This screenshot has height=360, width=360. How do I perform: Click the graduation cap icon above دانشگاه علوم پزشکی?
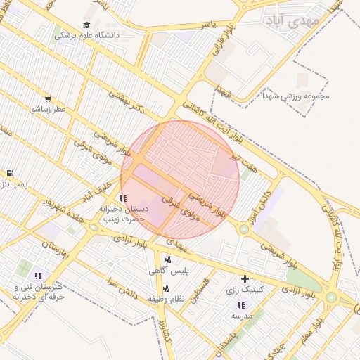pos(86,25)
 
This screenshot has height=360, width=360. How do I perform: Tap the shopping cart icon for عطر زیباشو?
pos(47,99)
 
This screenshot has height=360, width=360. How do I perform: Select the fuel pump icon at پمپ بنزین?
pos(9,174)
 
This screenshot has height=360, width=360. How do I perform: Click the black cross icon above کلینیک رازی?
pos(245,279)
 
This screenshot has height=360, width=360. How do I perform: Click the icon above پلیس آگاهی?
pos(167,258)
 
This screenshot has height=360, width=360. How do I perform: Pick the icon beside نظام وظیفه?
pos(166,288)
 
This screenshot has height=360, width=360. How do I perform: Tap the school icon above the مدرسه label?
pos(241,305)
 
